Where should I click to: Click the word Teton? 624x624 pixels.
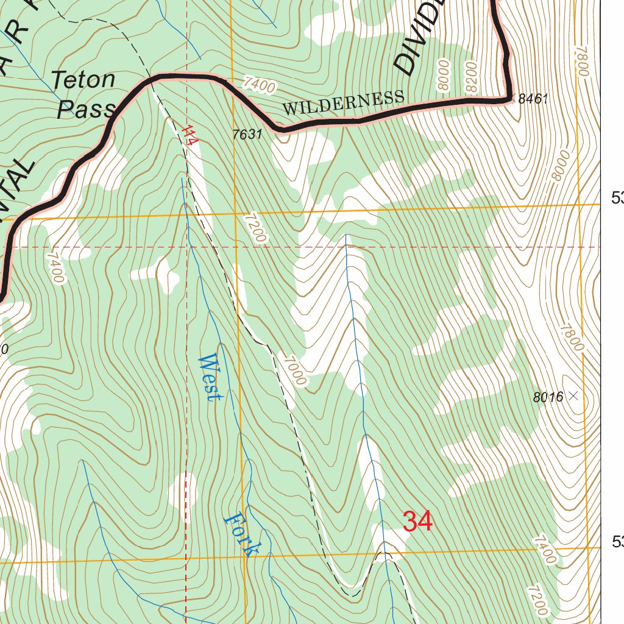(x=83, y=80)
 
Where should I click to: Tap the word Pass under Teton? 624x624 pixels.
(x=85, y=109)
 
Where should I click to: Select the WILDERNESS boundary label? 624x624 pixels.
(x=343, y=102)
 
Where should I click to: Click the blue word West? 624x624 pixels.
(x=209, y=377)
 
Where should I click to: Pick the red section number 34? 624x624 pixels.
(x=418, y=522)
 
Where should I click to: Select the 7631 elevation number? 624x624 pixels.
(x=247, y=135)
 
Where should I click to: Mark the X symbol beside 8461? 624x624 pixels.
(x=513, y=97)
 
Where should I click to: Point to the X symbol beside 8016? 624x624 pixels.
(x=573, y=396)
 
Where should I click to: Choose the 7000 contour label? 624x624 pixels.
(x=294, y=369)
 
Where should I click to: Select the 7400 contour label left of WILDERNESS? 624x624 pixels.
(x=258, y=85)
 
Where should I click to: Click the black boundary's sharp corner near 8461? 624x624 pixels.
(x=507, y=97)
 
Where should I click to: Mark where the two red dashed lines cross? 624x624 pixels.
(x=186, y=247)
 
